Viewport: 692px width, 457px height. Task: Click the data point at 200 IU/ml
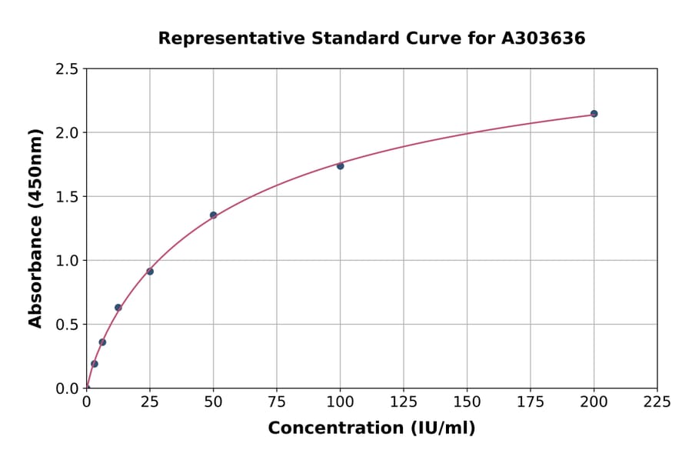(594, 114)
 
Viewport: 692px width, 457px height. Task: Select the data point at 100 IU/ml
(340, 165)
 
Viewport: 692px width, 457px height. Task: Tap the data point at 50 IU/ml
(213, 215)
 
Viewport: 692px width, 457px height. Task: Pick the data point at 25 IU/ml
(150, 272)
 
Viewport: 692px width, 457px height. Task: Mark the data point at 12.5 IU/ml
(118, 308)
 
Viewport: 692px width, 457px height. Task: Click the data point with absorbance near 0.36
(102, 342)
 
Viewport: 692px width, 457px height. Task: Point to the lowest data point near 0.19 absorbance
(95, 364)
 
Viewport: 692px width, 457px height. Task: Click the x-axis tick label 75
(277, 402)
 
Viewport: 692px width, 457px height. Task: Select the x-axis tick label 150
(467, 402)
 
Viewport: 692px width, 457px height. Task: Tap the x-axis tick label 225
(657, 402)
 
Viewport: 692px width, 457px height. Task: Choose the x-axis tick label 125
(404, 402)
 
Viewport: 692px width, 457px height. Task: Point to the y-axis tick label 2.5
(67, 69)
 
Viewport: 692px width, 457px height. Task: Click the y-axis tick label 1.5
(67, 197)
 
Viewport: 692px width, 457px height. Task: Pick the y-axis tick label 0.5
(67, 325)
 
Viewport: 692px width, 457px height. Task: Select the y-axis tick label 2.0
(67, 133)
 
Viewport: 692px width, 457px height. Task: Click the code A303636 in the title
(544, 38)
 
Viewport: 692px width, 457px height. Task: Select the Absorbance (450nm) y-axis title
(35, 228)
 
